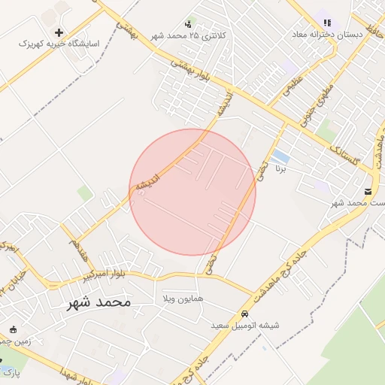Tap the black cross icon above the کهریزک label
pyautogui.click(x=59, y=32)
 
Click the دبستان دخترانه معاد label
pyautogui.click(x=329, y=35)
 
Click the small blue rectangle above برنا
pyautogui.click(x=280, y=156)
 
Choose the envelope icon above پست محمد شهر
pyautogui.click(x=368, y=191)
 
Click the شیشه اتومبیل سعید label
pyautogui.click(x=245, y=326)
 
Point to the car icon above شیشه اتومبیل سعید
pyautogui.click(x=245, y=314)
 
